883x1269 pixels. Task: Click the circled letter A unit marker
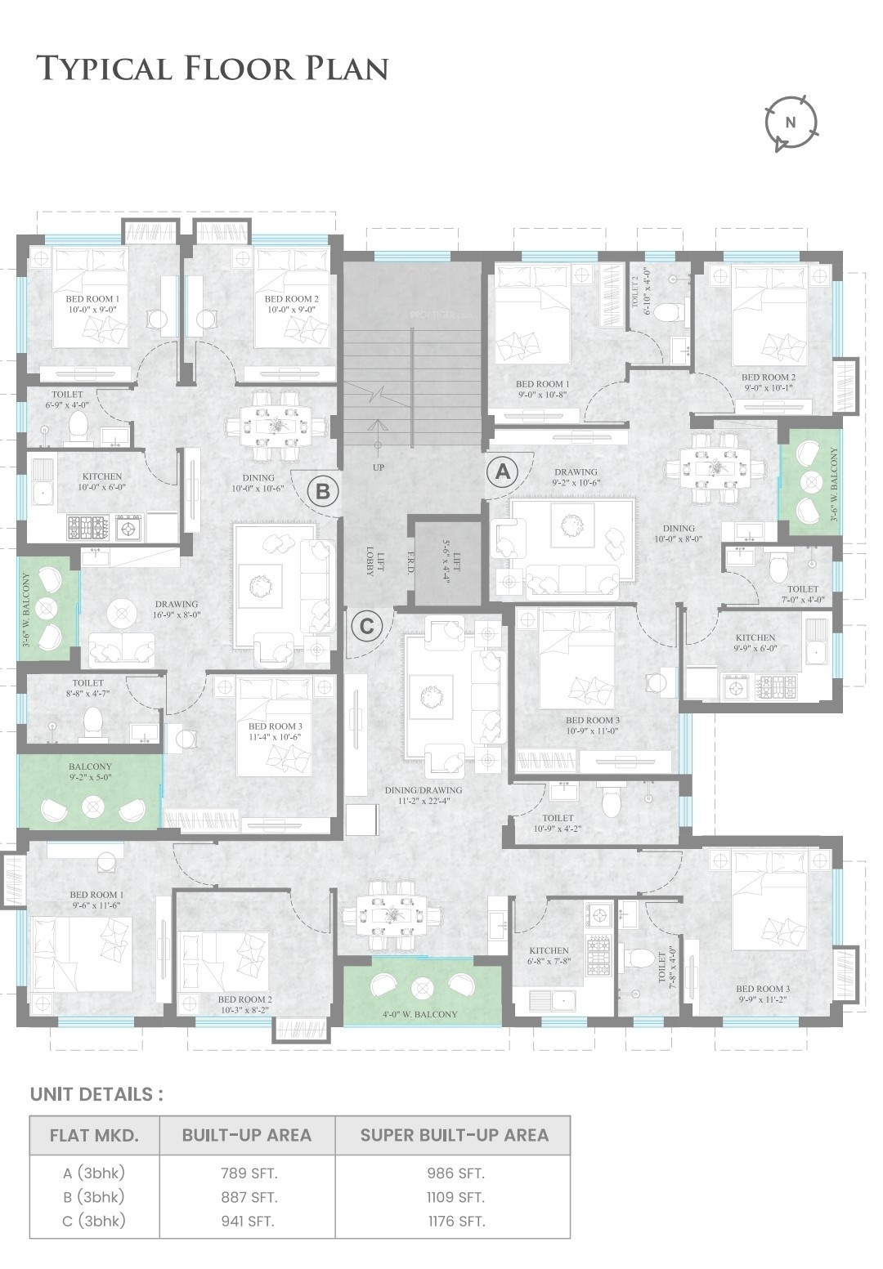coord(503,471)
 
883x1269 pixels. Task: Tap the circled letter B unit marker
coord(323,490)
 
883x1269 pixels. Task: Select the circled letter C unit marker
coord(366,626)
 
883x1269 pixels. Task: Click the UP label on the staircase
coord(378,467)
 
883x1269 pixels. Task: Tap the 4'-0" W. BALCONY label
coord(420,1013)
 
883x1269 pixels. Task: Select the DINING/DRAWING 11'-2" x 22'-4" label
coord(424,795)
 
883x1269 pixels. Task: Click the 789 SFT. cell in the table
coord(249,1173)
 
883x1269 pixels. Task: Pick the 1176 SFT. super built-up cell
coord(456,1222)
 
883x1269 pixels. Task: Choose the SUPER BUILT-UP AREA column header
coord(455,1135)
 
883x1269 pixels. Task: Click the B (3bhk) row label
coord(93,1197)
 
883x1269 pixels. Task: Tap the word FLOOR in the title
coord(240,68)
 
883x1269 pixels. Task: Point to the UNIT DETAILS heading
coord(96,1094)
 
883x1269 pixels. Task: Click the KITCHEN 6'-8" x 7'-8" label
coord(549,956)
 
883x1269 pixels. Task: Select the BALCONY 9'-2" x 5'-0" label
coord(90,771)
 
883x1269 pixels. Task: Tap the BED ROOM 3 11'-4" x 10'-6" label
coord(275,731)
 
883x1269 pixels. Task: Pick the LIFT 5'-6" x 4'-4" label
coord(450,561)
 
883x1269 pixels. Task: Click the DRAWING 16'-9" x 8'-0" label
coord(177,609)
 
